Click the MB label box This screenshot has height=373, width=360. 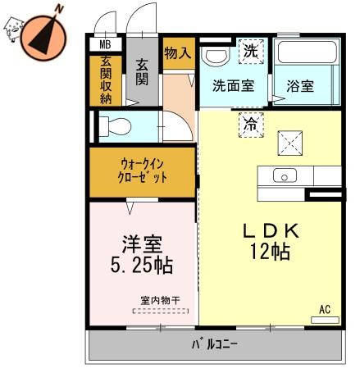coord(106,44)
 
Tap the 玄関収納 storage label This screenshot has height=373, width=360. coord(106,80)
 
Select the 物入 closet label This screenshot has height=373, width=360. coord(178,52)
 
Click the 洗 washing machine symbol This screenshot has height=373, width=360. coord(251,52)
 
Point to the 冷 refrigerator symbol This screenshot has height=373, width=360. coord(251,125)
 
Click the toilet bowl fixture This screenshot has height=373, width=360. coord(115,126)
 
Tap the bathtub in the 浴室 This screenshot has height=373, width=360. coord(307,52)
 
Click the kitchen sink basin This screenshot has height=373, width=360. coord(285,175)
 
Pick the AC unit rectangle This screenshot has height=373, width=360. coord(325,320)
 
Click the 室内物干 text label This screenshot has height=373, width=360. coord(161,301)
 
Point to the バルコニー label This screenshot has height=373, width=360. coord(214,344)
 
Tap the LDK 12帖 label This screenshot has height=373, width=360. coord(271,241)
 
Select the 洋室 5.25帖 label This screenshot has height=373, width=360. coord(142,255)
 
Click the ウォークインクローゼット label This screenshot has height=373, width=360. coord(142,171)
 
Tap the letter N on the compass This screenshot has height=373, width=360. coord(59,9)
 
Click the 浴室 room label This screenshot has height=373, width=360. coord(300,86)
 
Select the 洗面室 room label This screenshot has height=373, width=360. coord(234,86)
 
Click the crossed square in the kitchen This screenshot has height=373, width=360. coord(290,143)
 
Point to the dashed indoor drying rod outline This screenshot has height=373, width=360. coord(161,311)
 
